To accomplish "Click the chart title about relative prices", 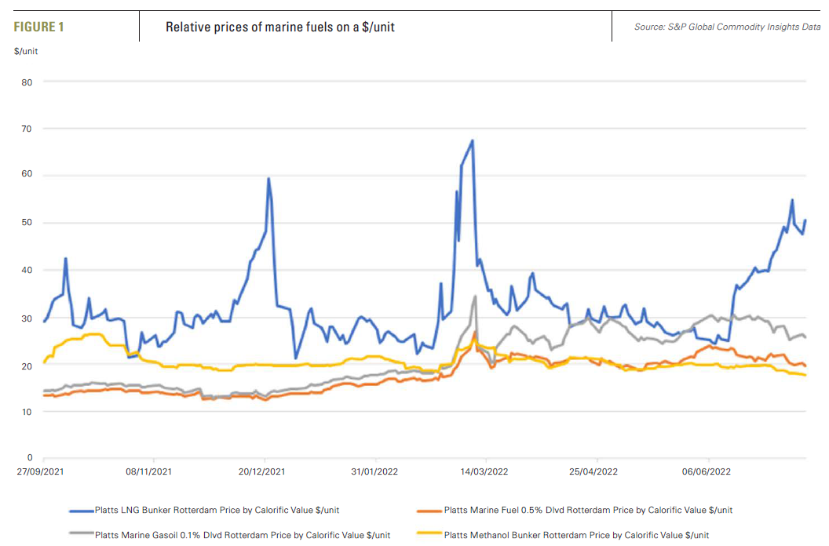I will click(x=279, y=27).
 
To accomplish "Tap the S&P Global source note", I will click(x=727, y=27).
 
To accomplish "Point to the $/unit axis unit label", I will click(x=26, y=51).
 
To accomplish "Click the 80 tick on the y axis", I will click(x=27, y=82).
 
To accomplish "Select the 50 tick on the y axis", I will click(x=27, y=223).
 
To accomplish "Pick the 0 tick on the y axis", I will click(x=30, y=457).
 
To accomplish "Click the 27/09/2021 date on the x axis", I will click(x=39, y=472).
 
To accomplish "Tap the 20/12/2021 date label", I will click(x=261, y=472).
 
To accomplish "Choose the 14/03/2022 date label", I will click(x=484, y=472).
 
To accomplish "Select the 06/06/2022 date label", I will click(x=707, y=472).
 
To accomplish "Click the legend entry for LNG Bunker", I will click(x=217, y=510).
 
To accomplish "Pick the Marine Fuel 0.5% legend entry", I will click(x=588, y=510).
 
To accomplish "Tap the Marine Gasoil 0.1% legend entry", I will click(x=242, y=535).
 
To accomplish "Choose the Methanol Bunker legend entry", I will click(x=576, y=535).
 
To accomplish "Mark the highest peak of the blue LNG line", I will click(x=472, y=140).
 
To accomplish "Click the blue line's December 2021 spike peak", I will click(x=268, y=178).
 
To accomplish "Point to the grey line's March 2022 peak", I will click(x=475, y=297).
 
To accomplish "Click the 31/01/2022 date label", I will click(x=374, y=472).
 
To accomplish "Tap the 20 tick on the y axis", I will click(x=27, y=365).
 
